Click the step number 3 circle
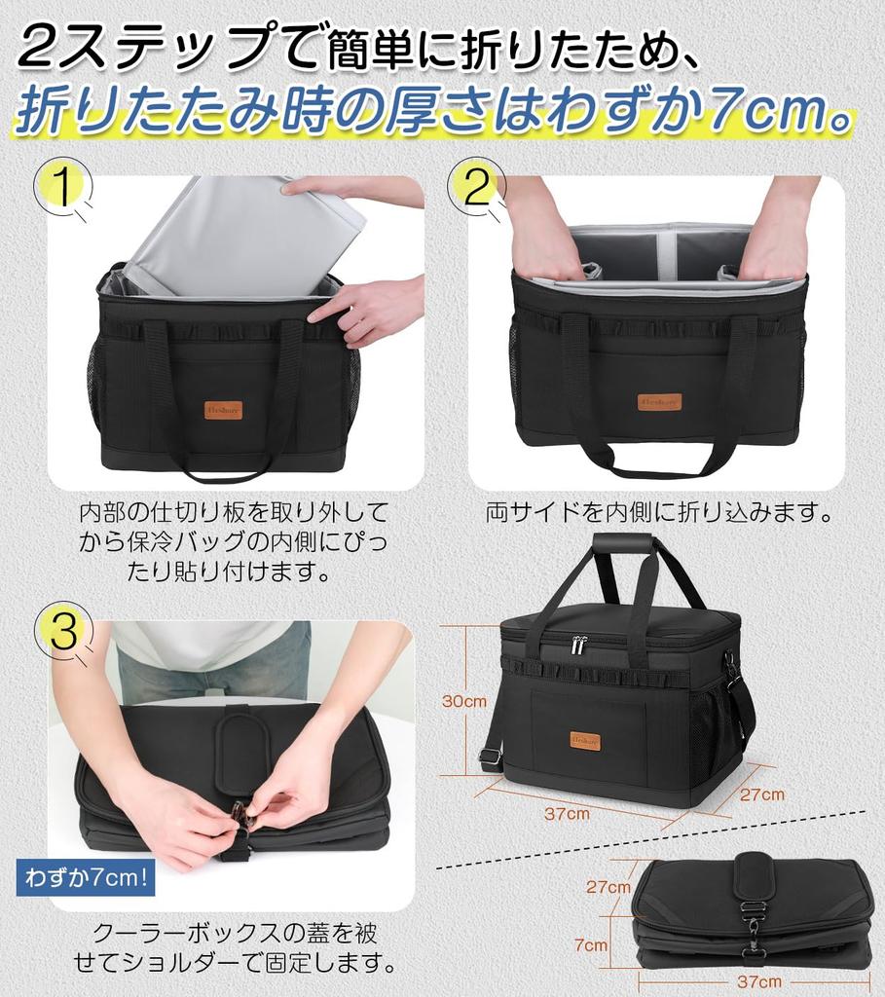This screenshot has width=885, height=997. (63, 632)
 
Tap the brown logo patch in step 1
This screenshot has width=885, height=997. (224, 411)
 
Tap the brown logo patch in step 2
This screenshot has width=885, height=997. (661, 401)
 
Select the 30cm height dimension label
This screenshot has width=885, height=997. (464, 701)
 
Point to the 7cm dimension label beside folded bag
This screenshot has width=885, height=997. (591, 943)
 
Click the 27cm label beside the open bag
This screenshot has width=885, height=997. (761, 794)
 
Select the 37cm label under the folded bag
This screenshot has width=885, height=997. (758, 981)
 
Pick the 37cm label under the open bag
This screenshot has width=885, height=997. (567, 813)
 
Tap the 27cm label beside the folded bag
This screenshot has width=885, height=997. (608, 887)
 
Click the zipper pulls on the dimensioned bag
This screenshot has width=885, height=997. (579, 645)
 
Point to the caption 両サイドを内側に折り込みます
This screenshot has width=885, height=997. (659, 512)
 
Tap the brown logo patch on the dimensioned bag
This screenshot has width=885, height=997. (586, 742)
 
